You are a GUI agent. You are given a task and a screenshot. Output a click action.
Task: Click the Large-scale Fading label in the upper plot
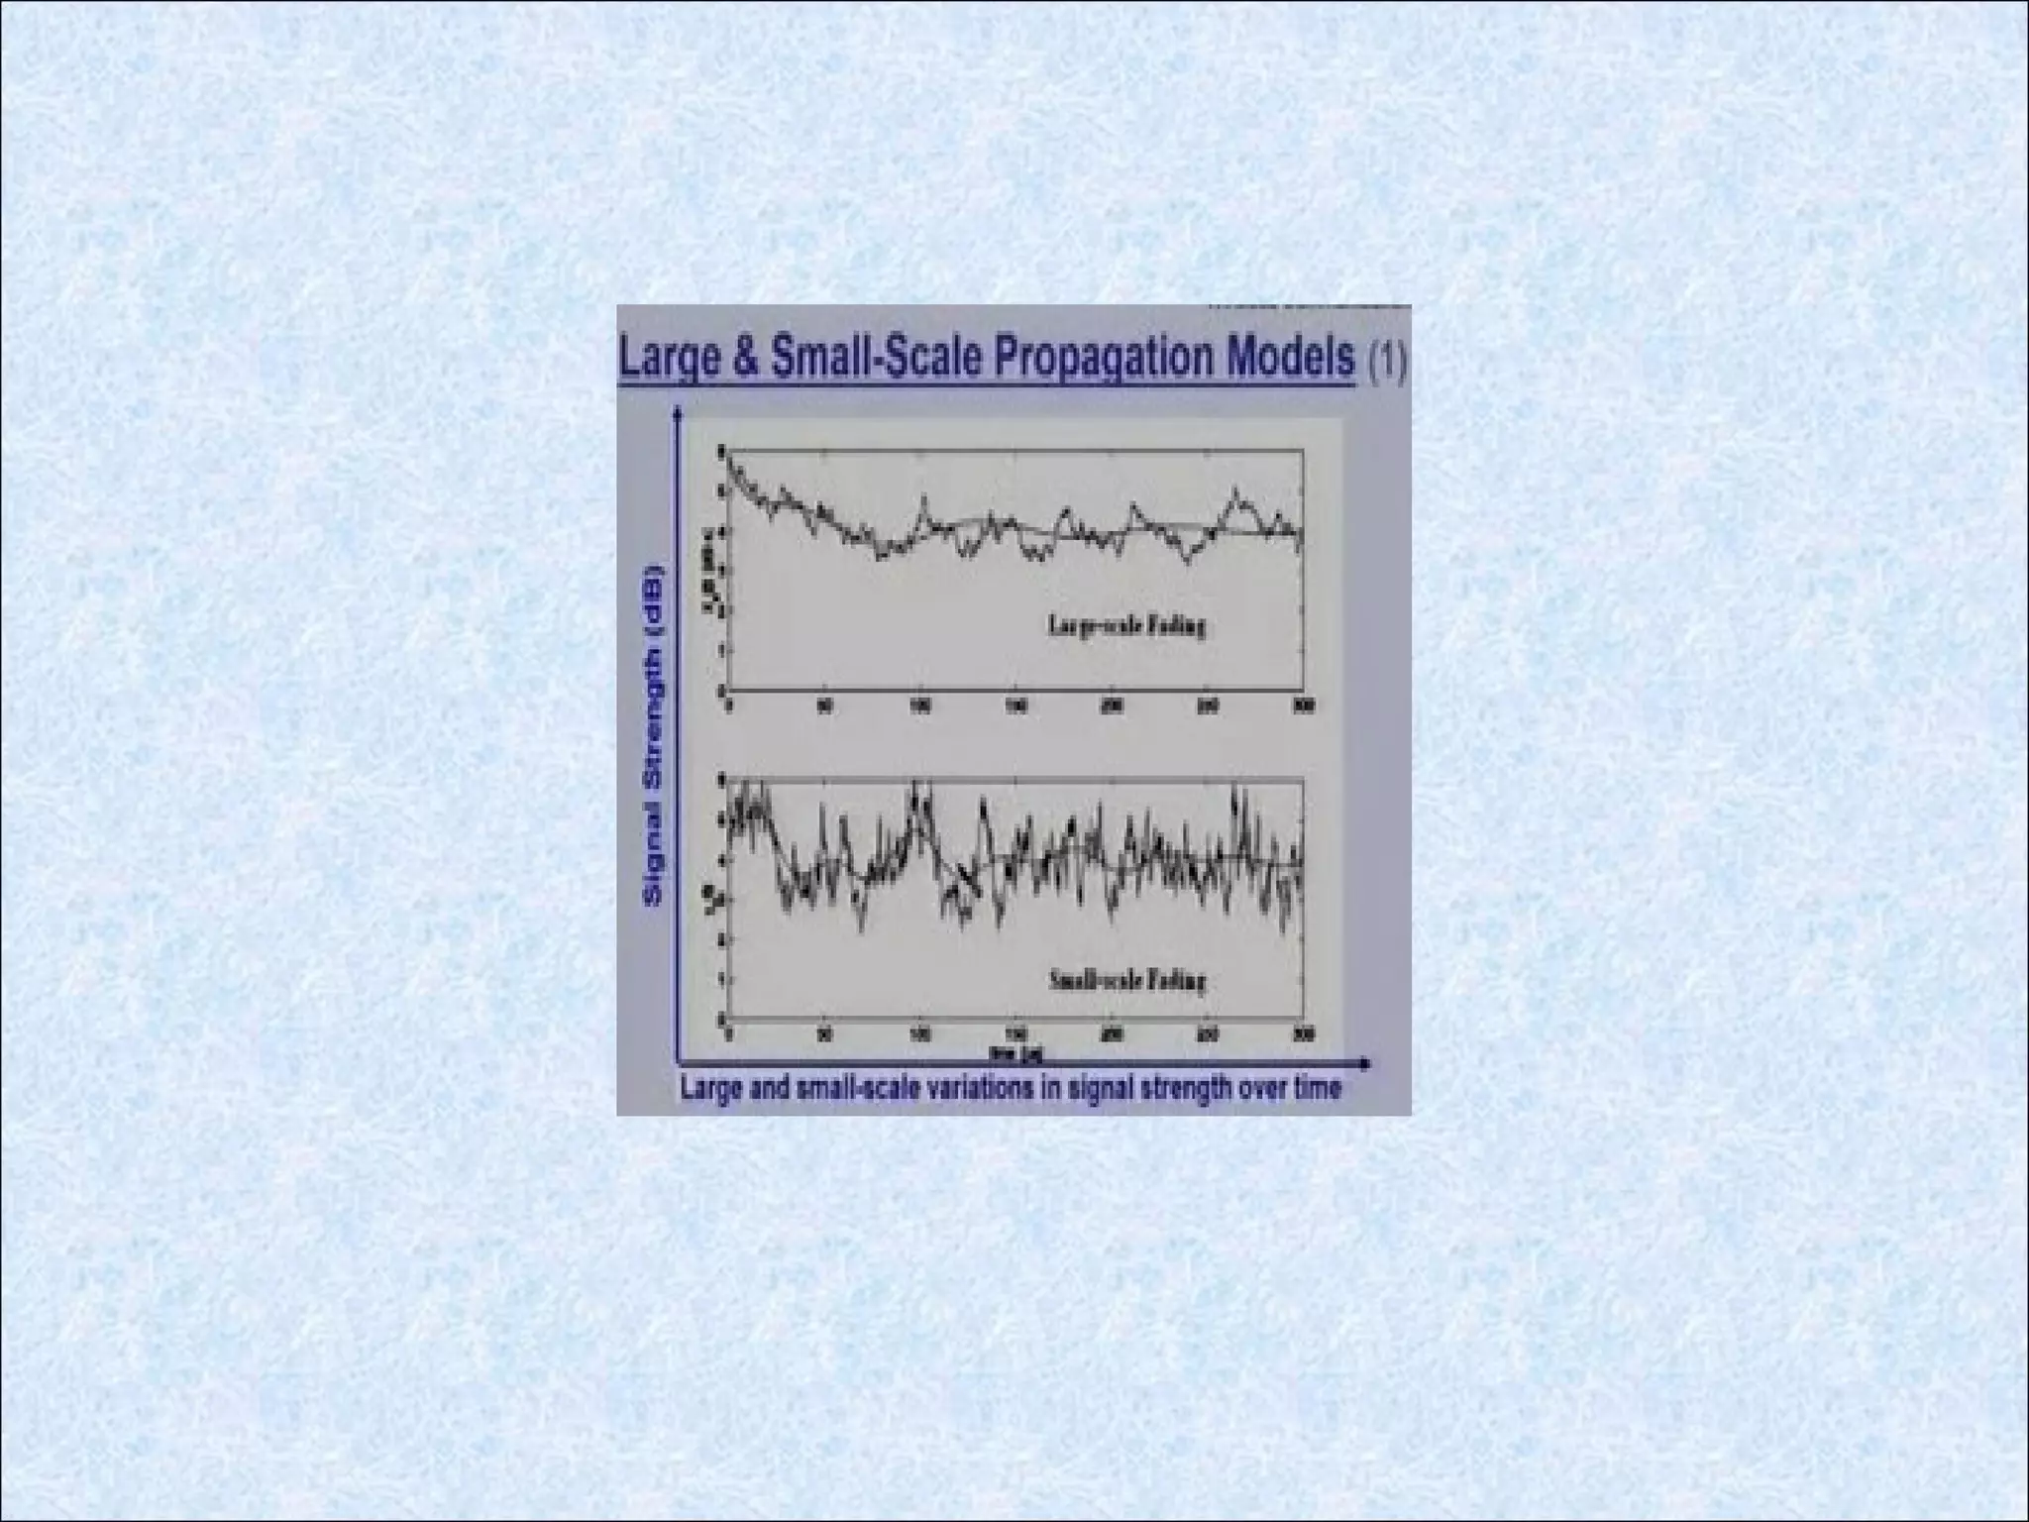point(1126,626)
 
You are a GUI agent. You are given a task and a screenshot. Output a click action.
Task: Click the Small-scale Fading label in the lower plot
point(1126,981)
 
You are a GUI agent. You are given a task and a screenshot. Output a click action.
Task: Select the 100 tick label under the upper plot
point(920,706)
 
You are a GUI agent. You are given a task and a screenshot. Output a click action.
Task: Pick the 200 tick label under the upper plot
point(1112,706)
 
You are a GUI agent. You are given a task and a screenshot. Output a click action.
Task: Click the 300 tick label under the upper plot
point(1304,706)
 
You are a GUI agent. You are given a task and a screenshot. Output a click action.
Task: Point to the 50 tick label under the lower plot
point(824,1035)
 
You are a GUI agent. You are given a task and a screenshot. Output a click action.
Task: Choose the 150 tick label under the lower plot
point(1016,1035)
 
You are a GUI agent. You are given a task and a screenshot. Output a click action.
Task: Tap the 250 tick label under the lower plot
point(1208,1035)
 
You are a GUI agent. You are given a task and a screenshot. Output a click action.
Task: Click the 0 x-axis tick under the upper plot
point(729,706)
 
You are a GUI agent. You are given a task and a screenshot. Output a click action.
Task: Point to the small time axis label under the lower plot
point(1002,1049)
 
